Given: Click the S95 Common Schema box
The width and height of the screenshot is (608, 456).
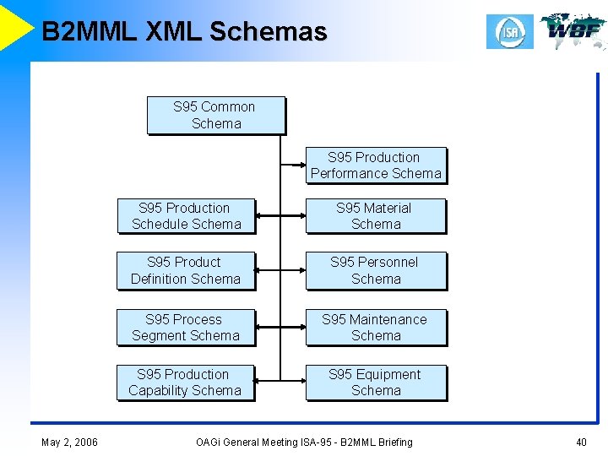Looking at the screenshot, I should point(215,116).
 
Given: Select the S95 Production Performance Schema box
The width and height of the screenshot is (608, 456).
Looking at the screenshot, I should point(376,166).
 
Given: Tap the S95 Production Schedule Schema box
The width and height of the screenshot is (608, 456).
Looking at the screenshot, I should point(186,216).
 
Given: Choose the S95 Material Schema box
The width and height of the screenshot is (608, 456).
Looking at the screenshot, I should point(375,216).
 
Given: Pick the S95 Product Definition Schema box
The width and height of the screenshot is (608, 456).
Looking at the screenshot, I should point(186,271).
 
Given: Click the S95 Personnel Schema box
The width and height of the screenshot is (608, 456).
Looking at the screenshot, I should point(375,271).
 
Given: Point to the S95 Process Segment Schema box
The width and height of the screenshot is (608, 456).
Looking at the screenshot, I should point(186,328).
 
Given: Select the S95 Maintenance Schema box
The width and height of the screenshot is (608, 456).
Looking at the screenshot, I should point(375,328).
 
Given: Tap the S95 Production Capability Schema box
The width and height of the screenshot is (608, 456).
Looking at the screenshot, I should point(186,383).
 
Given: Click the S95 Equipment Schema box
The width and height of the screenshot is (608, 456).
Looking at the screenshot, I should point(375,383).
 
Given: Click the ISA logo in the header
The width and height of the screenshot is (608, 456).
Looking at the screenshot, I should point(510,32).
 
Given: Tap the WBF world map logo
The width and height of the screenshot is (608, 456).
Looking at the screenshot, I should point(573,31).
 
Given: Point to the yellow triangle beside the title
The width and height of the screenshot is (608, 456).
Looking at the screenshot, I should point(14,25).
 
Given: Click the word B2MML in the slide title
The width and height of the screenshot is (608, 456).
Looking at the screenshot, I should point(90,32).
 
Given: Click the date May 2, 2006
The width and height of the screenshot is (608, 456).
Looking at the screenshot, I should point(68,442).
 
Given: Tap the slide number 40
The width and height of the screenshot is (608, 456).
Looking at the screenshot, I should point(580,442).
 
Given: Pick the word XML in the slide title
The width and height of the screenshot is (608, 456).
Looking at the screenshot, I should point(174,32).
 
